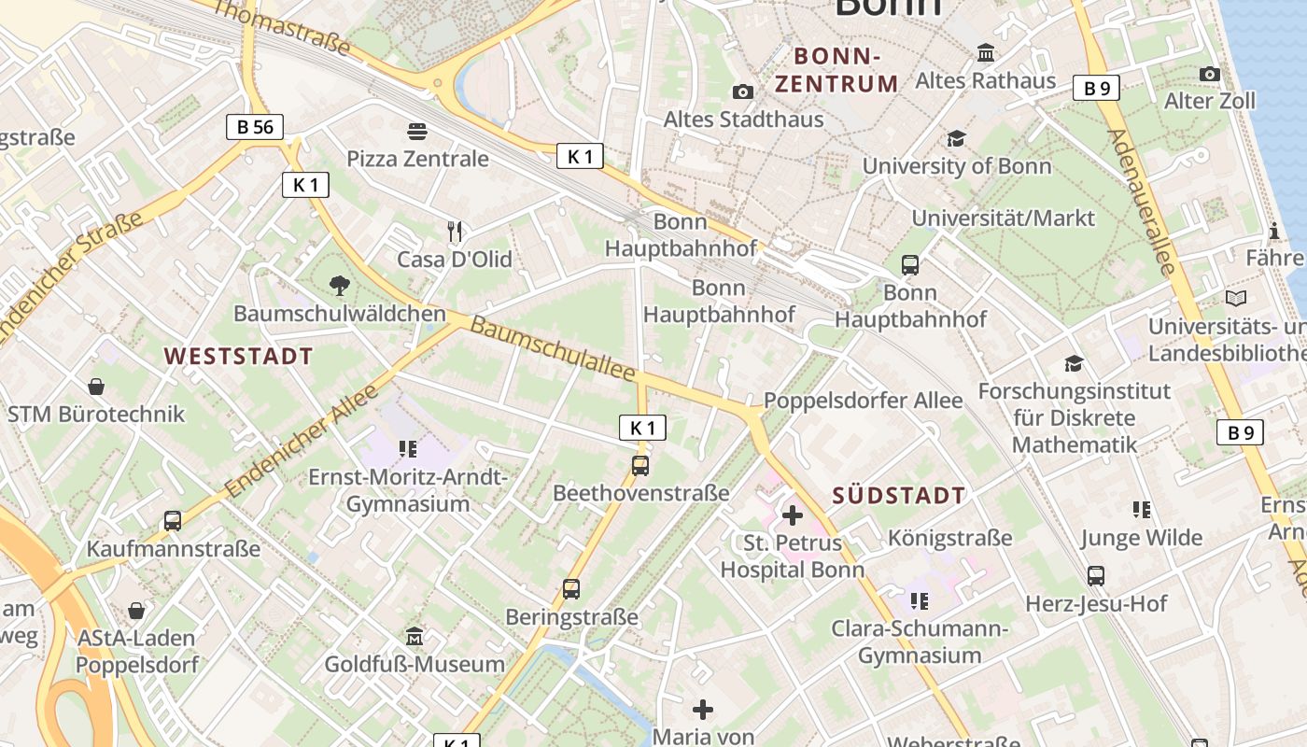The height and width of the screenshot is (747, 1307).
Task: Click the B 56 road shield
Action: tap(254, 127)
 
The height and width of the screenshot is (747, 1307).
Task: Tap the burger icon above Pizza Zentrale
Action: tap(417, 132)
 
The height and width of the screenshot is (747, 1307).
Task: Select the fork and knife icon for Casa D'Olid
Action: tap(455, 231)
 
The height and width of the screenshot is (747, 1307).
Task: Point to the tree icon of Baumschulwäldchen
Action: tap(340, 285)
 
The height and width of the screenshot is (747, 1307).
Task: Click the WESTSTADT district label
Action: tap(238, 356)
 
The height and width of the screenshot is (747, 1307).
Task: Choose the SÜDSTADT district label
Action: tap(898, 495)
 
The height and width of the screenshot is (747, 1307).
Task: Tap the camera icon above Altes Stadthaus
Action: tap(743, 92)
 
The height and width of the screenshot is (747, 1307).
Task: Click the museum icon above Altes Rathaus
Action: tap(985, 53)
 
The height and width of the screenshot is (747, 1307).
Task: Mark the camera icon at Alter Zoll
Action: tap(1209, 74)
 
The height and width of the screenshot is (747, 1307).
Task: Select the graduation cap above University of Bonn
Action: tap(956, 139)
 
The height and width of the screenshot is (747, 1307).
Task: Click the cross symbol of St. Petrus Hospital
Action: tap(792, 514)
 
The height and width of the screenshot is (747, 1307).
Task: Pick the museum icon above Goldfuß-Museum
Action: tap(415, 637)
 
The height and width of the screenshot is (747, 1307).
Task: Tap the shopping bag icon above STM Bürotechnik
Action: tap(95, 386)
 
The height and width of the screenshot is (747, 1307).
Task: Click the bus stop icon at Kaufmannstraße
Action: tap(173, 521)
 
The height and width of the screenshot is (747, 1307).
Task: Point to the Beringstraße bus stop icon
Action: tap(571, 589)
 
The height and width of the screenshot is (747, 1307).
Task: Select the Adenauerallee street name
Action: tap(1142, 201)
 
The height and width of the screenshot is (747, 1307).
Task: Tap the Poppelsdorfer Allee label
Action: tap(863, 401)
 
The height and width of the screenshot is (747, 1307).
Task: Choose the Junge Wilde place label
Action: tap(1141, 538)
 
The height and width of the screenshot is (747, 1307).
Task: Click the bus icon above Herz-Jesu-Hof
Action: tap(1096, 576)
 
